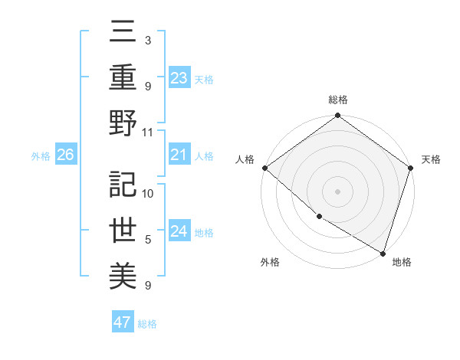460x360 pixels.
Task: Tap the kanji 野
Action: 122,123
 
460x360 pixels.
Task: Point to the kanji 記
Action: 122,184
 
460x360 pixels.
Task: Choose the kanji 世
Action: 122,230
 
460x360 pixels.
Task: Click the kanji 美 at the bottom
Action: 122,275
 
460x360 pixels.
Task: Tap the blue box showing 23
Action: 179,77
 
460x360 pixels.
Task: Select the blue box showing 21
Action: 179,155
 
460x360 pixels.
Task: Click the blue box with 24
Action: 179,231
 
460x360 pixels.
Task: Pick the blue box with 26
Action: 65,155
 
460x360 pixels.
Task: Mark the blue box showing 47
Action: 123,322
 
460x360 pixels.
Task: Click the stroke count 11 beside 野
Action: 148,132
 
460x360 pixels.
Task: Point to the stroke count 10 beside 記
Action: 148,192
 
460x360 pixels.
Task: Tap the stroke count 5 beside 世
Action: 148,239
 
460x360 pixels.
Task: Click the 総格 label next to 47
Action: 147,324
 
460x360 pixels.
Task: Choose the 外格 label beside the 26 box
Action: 41,156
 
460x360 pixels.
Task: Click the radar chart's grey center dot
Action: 337,191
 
